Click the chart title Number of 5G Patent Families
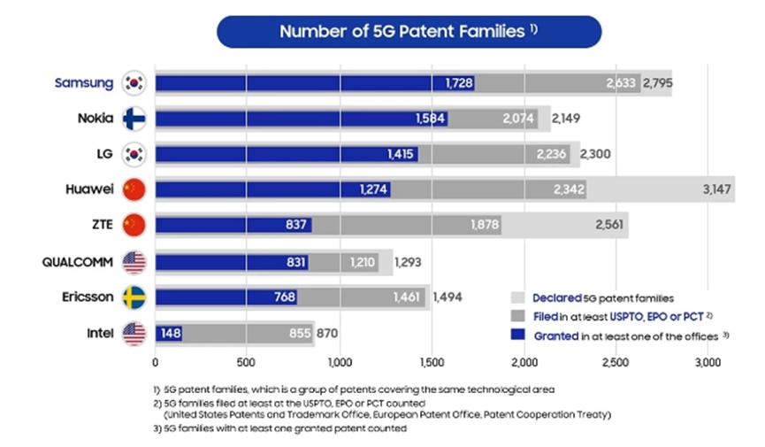[x=402, y=32]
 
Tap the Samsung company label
[x=83, y=83]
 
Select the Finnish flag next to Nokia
[x=135, y=119]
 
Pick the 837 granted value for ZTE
[x=296, y=226]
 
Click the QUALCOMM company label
[x=77, y=262]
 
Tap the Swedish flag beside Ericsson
[x=135, y=297]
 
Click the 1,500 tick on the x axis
[x=432, y=362]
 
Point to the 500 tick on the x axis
[x=247, y=362]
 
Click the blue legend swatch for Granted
[x=518, y=335]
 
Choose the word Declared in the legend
[x=556, y=298]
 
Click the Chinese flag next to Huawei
[x=135, y=189]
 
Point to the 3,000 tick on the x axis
[x=707, y=362]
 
